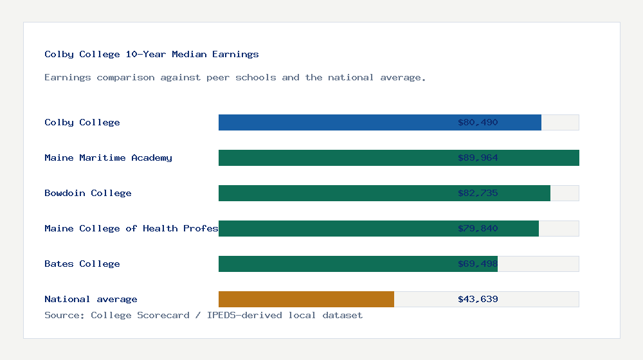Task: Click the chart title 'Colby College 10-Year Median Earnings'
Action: tap(152, 55)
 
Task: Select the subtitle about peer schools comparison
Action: tap(235, 78)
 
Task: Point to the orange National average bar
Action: tap(306, 299)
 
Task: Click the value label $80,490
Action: tap(478, 122)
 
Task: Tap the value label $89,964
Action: tap(478, 157)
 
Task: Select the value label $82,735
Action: tap(478, 193)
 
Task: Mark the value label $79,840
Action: tap(478, 228)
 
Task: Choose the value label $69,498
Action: tap(478, 264)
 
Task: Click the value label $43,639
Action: tap(478, 299)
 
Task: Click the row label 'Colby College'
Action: tap(82, 122)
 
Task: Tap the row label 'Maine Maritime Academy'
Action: tap(108, 157)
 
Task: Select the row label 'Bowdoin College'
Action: tap(88, 193)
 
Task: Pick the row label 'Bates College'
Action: tap(82, 264)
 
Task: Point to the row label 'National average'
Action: tap(91, 299)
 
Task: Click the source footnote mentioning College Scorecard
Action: tap(203, 315)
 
